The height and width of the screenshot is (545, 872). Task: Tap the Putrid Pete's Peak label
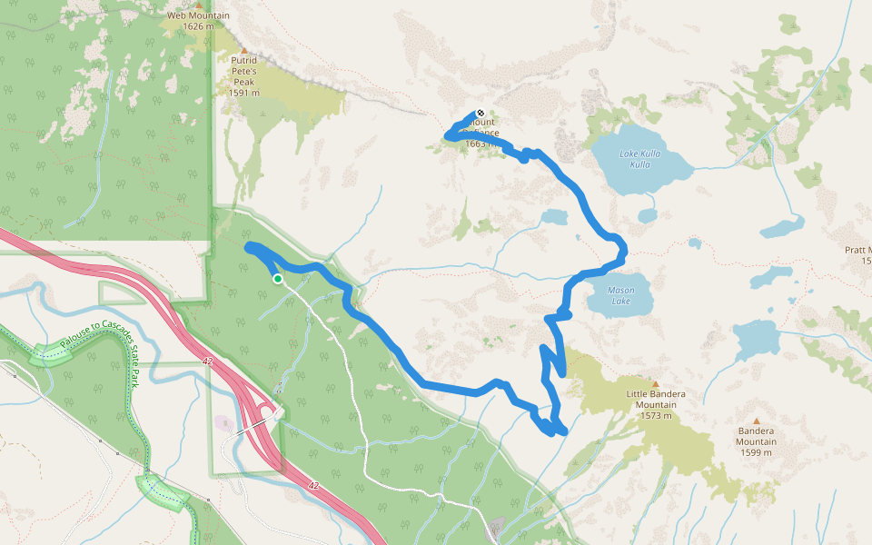pyautogui.click(x=244, y=70)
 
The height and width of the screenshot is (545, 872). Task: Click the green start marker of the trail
pyautogui.click(x=278, y=279)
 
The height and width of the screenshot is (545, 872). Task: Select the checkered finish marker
pyautogui.click(x=480, y=114)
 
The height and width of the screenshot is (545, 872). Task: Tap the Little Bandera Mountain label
pyautogui.click(x=655, y=399)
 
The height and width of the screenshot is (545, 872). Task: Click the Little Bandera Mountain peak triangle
pyautogui.click(x=655, y=383)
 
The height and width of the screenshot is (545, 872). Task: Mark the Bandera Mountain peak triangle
pyautogui.click(x=756, y=421)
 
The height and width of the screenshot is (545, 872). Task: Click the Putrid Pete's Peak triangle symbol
pyautogui.click(x=243, y=50)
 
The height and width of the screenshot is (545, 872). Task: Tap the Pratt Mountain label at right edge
pyautogui.click(x=859, y=250)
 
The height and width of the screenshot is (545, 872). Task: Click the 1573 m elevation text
pyautogui.click(x=655, y=416)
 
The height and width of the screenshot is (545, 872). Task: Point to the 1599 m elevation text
pyautogui.click(x=756, y=452)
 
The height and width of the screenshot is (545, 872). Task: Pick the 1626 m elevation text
pyautogui.click(x=198, y=26)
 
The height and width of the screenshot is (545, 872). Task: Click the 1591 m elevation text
pyautogui.click(x=244, y=93)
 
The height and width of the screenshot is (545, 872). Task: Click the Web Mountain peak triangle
pyautogui.click(x=199, y=5)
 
